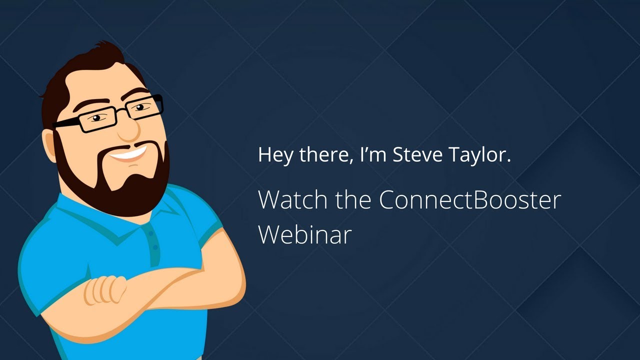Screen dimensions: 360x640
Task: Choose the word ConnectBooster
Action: pyautogui.click(x=469, y=199)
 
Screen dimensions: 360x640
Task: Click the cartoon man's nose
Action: pyautogui.click(x=129, y=129)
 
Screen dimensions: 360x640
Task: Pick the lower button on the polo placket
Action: pyautogui.click(x=155, y=248)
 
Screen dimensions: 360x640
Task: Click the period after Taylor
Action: pyautogui.click(x=508, y=161)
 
